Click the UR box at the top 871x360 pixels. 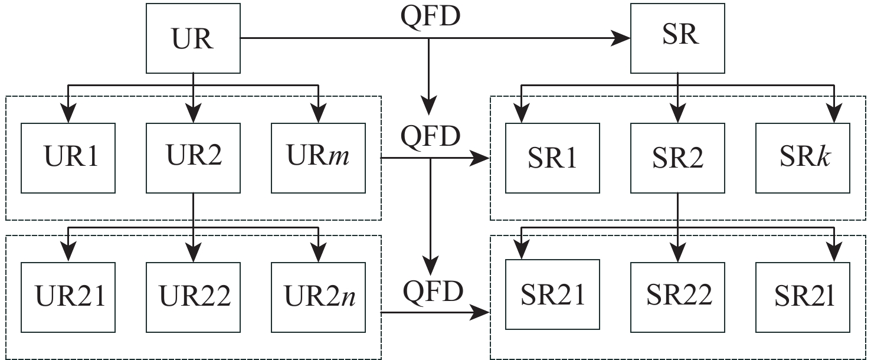(x=194, y=38)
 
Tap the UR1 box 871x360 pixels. (x=68, y=158)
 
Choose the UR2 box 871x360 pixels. (x=194, y=158)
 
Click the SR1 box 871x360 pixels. (x=552, y=158)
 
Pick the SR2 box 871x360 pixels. (x=677, y=158)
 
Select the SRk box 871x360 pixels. (x=803, y=158)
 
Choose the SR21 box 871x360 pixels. (x=552, y=294)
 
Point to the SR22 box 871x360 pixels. (x=677, y=294)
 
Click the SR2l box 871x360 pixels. (x=803, y=294)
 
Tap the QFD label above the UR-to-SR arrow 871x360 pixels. (x=430, y=16)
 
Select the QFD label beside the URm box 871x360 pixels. (x=430, y=137)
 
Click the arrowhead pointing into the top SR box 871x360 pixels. (x=621, y=38)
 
